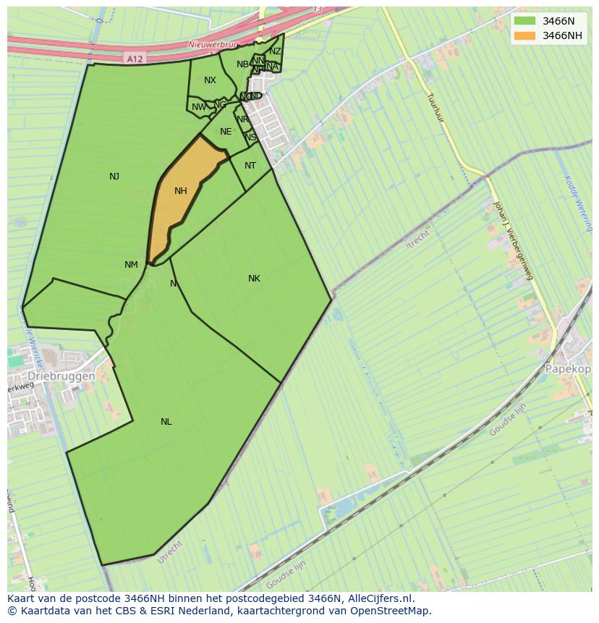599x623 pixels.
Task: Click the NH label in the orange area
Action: (181, 191)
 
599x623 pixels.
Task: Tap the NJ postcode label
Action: (114, 177)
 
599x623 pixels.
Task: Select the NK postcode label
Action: (254, 279)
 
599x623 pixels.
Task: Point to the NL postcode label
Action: (166, 422)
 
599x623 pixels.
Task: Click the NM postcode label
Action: (131, 265)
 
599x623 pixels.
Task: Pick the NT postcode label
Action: (250, 166)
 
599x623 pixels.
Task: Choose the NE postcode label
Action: (226, 132)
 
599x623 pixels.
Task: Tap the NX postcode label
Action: (210, 80)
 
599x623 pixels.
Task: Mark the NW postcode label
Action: (199, 107)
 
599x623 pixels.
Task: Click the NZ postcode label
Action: (275, 51)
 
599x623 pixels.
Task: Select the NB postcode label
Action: (242, 64)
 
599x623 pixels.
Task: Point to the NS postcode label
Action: (250, 137)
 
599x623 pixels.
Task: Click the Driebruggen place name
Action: (61, 377)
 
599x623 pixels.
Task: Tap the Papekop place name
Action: (569, 368)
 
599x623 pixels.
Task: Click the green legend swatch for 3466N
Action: (524, 21)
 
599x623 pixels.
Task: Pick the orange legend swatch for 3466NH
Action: (524, 35)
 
